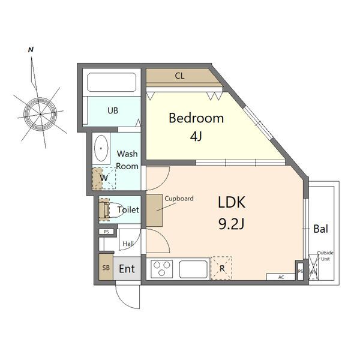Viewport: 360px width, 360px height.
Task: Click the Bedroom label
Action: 196,118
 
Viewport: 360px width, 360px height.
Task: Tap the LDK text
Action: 232,203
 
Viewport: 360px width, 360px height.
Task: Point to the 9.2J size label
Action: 231,224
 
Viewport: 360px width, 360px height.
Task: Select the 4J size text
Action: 196,136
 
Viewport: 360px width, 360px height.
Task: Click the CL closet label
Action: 179,76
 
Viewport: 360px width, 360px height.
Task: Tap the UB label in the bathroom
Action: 113,110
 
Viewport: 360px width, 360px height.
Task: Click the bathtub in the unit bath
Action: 112,82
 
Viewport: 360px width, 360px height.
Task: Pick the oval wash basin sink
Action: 101,148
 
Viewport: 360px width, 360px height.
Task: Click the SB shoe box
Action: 106,268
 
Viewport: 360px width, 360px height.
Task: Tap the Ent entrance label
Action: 127,269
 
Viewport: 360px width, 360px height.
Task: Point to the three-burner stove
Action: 161,268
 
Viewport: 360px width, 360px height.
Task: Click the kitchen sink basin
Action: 193,269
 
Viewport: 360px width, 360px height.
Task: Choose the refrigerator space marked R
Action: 221,268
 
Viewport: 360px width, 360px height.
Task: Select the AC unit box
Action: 281,277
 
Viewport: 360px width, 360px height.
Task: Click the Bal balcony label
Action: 321,229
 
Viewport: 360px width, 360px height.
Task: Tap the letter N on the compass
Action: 31,50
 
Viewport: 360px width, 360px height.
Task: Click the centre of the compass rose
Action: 40,114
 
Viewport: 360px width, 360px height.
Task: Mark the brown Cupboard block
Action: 154,211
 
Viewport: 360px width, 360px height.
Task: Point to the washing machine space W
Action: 104,178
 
